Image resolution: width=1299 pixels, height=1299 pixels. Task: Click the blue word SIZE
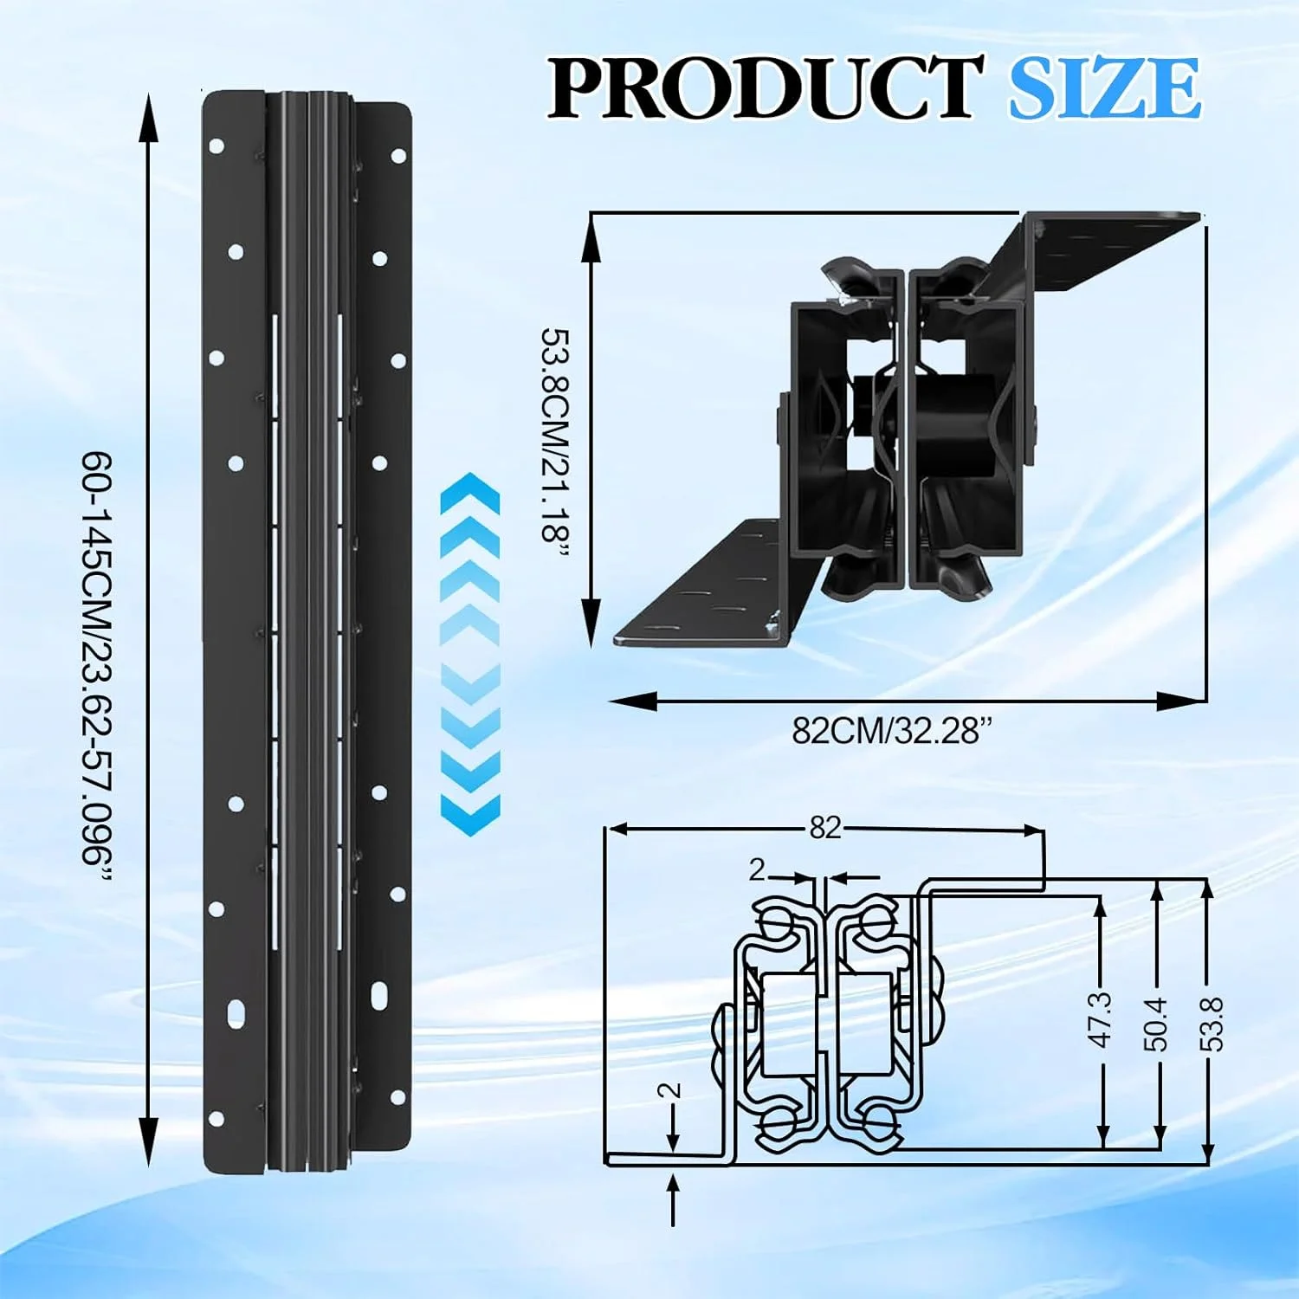click(1105, 87)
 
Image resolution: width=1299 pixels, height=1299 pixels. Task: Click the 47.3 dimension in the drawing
click(1101, 1019)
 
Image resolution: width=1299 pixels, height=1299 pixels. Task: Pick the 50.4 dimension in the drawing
click(1158, 1024)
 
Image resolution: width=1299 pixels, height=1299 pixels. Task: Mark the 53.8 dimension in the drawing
click(1213, 1024)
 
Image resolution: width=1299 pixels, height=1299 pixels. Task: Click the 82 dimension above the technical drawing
click(825, 828)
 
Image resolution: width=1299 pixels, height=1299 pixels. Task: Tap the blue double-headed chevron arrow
click(470, 654)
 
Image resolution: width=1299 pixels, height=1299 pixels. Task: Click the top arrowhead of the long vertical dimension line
click(149, 117)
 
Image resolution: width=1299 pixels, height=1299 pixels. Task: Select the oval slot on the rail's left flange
click(235, 1011)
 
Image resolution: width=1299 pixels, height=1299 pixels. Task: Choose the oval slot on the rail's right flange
click(379, 994)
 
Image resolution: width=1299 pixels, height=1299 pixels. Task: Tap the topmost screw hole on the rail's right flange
click(398, 156)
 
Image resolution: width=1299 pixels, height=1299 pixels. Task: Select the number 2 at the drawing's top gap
click(758, 869)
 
